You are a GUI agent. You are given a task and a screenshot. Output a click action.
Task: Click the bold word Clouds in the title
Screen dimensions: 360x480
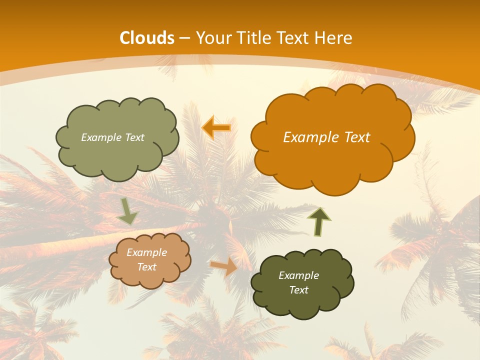click(146, 38)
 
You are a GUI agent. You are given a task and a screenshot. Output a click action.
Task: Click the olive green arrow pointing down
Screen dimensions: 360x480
click(127, 211)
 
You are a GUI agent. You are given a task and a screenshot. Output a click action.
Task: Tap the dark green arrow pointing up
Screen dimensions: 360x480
click(318, 221)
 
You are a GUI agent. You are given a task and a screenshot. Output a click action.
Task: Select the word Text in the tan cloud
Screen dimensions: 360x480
click(146, 267)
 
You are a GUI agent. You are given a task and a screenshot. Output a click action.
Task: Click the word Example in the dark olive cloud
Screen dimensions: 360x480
click(298, 275)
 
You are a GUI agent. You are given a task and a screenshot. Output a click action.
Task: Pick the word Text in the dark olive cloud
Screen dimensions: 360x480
click(298, 290)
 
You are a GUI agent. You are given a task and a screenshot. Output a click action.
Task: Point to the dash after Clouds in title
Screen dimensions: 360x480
click(184, 38)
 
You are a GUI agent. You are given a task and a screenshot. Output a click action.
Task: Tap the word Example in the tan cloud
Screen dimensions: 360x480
click(146, 252)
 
